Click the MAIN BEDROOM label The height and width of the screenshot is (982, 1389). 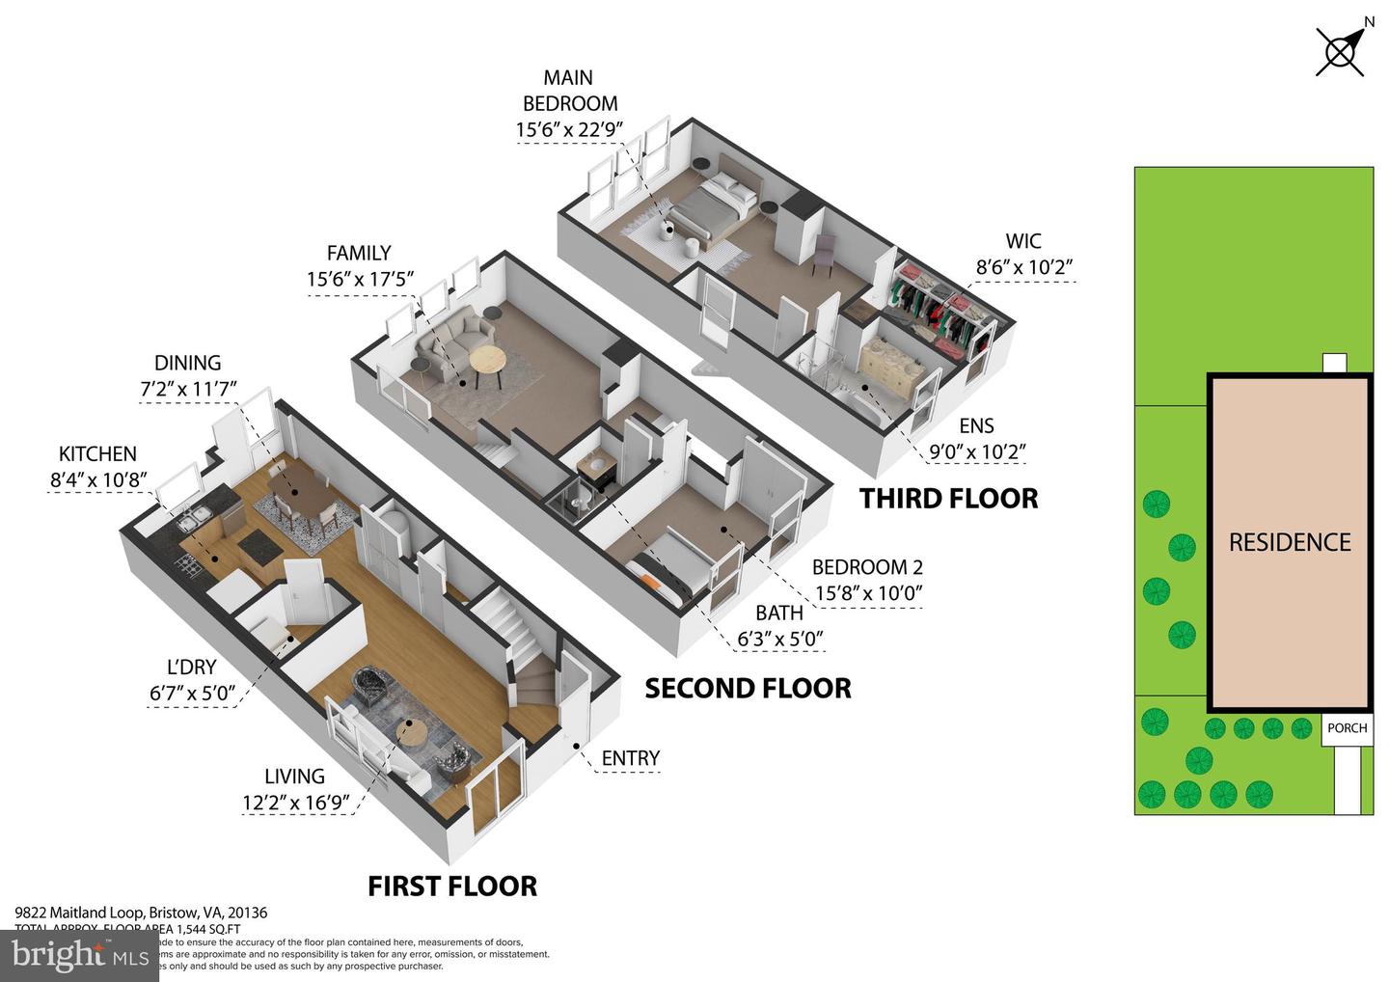point(569,91)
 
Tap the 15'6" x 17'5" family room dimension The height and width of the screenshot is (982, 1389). point(360,280)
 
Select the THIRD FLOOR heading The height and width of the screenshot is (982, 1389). point(948,499)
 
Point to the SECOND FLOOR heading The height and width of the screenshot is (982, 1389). point(748,689)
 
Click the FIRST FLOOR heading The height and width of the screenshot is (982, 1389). point(452,887)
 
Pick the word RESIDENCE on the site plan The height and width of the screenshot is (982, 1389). point(1290,542)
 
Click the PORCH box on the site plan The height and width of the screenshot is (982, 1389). point(1347,728)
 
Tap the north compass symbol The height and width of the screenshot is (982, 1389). point(1340,51)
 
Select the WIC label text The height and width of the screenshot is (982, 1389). point(1022,241)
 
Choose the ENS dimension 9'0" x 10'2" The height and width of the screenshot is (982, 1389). point(976,451)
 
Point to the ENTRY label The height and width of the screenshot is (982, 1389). point(630,759)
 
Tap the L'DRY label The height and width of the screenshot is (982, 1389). point(191,668)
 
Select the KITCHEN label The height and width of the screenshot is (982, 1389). point(97,454)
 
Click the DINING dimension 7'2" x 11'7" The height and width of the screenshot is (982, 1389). point(188,390)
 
